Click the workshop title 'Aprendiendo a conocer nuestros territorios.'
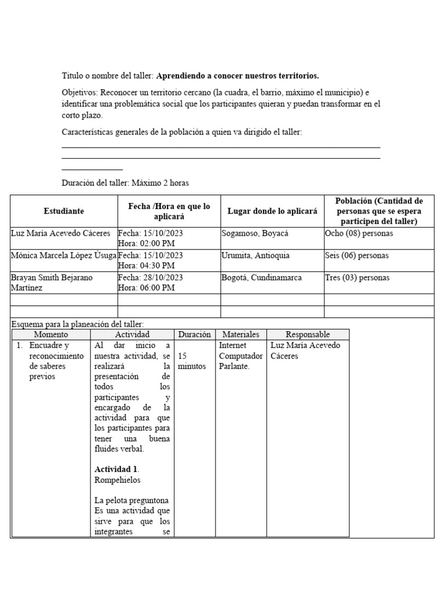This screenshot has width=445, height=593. pyautogui.click(x=238, y=76)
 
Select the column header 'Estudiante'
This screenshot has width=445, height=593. pyautogui.click(x=64, y=211)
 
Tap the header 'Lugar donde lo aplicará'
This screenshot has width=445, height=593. pyautogui.click(x=272, y=211)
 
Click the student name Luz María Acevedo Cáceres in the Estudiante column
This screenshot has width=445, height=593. pyautogui.click(x=60, y=233)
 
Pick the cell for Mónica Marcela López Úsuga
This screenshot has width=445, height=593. pyautogui.click(x=64, y=255)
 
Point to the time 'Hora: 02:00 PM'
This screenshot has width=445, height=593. pyautogui.click(x=146, y=243)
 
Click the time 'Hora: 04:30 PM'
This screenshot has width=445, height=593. pyautogui.click(x=146, y=265)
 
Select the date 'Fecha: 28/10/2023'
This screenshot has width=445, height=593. pyautogui.click(x=151, y=277)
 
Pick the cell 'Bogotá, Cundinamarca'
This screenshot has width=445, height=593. pyautogui.click(x=261, y=277)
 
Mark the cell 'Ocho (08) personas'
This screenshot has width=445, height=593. pyautogui.click(x=359, y=233)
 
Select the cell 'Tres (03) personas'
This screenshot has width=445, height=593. pyautogui.click(x=357, y=277)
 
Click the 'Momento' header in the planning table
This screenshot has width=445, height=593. pyautogui.click(x=51, y=334)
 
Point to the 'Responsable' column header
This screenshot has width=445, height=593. pyautogui.click(x=308, y=334)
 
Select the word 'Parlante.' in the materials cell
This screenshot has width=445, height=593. pyautogui.click(x=234, y=367)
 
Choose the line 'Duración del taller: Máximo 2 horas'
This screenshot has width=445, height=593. pyautogui.click(x=125, y=183)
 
